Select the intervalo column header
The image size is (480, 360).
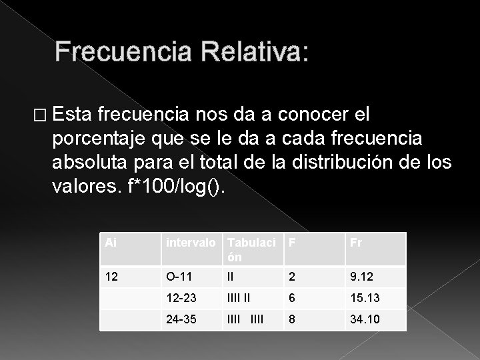(x=191, y=243)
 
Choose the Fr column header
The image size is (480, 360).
(x=355, y=243)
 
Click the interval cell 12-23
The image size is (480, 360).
(x=181, y=297)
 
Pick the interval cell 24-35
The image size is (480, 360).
(x=182, y=319)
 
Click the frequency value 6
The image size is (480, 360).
(x=291, y=297)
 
